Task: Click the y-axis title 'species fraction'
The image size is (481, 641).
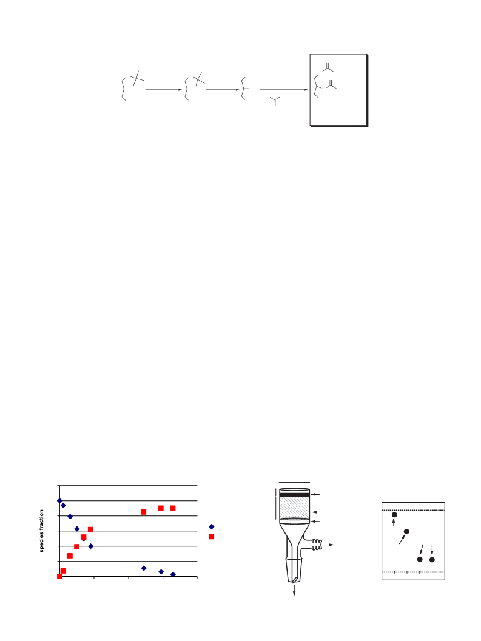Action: pyautogui.click(x=41, y=531)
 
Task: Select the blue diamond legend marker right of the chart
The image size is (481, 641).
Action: pyautogui.click(x=212, y=526)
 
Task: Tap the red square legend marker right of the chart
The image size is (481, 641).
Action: pyautogui.click(x=212, y=536)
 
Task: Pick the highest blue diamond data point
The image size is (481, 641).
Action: pyautogui.click(x=59, y=500)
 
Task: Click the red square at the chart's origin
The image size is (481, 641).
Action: pyautogui.click(x=59, y=576)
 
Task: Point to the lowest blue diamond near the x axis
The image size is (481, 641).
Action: pyautogui.click(x=173, y=574)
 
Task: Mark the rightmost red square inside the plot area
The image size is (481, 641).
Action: pyautogui.click(x=173, y=508)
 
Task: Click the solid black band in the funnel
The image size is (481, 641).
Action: pyautogui.click(x=295, y=495)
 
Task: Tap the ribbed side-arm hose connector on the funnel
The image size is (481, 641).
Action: pyautogui.click(x=317, y=545)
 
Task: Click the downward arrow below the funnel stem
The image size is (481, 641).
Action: pyautogui.click(x=294, y=590)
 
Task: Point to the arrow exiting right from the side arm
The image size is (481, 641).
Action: pyautogui.click(x=329, y=545)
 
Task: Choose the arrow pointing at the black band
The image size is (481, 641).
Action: pyautogui.click(x=315, y=495)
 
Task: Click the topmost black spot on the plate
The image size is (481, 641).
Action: pyautogui.click(x=394, y=515)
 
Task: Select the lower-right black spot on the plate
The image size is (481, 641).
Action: pyautogui.click(x=432, y=559)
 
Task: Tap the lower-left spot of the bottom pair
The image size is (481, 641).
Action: pyautogui.click(x=420, y=559)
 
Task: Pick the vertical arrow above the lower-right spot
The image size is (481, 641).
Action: pyautogui.click(x=432, y=549)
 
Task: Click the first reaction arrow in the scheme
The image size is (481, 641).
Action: pyautogui.click(x=164, y=90)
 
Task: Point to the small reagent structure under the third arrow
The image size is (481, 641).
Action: pyautogui.click(x=275, y=101)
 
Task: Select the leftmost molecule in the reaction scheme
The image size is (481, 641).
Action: pyautogui.click(x=132, y=86)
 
